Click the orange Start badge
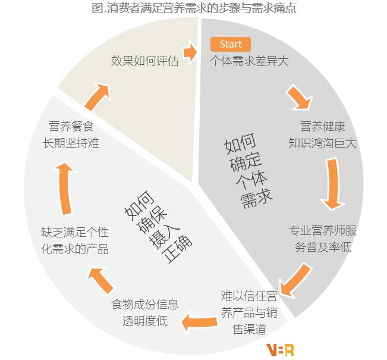(231, 45)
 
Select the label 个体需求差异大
(249, 61)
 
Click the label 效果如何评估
(144, 61)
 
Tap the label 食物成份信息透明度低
(144, 312)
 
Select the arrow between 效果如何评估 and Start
(190, 53)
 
